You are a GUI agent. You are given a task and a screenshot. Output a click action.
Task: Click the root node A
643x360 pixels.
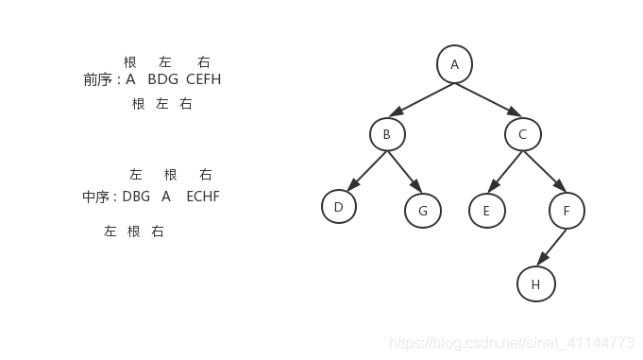(454, 64)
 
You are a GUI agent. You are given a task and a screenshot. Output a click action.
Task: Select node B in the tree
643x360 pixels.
(386, 134)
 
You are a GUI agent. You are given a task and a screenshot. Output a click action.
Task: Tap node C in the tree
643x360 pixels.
(522, 134)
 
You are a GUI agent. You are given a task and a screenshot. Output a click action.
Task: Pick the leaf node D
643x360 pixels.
(338, 207)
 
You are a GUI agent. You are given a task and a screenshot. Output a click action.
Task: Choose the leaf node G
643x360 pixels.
(423, 211)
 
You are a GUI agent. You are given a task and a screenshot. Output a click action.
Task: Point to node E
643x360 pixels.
(486, 211)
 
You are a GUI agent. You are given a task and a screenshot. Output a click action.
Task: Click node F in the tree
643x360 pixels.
(567, 211)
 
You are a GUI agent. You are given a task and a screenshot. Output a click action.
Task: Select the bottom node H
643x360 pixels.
(535, 283)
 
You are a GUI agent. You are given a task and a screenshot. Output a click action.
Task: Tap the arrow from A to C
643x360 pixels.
(488, 99)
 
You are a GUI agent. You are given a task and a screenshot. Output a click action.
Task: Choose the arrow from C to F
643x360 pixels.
(544, 172)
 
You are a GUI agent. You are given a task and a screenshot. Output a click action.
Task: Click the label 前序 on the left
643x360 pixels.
(97, 79)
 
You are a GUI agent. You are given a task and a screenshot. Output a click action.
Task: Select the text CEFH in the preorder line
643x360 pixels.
(203, 79)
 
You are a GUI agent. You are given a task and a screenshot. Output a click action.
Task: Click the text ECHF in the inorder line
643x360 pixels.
(202, 197)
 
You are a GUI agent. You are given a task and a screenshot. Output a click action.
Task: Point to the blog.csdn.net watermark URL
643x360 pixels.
(512, 342)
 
